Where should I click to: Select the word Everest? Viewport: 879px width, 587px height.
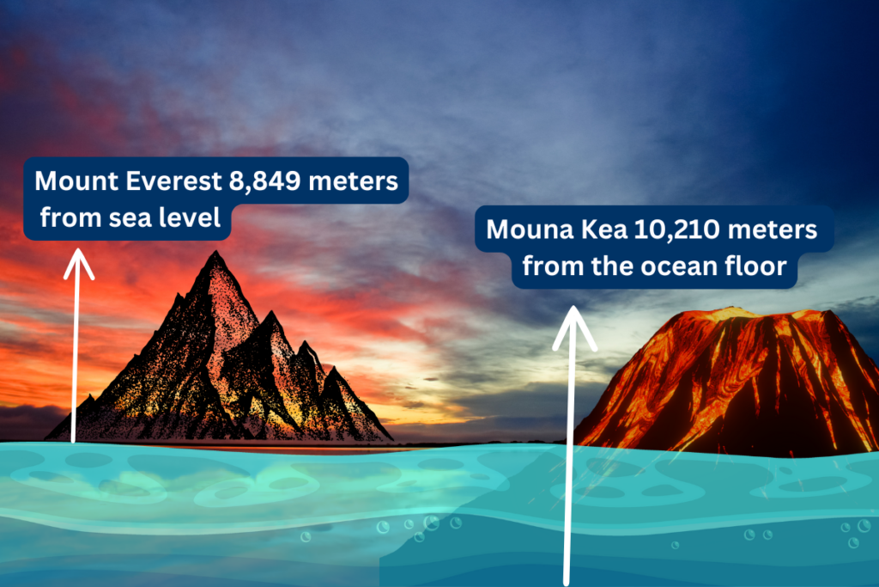tap(173, 181)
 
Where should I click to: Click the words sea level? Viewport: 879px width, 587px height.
tap(164, 217)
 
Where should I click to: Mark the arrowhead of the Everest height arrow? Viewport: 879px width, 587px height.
tap(78, 263)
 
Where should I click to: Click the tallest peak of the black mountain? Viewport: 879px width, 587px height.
tap(215, 253)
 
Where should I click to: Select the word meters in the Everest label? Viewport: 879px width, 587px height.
tap(353, 181)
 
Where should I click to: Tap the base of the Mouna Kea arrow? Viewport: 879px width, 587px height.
tap(567, 583)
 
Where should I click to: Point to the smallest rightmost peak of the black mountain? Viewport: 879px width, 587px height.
tap(335, 368)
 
